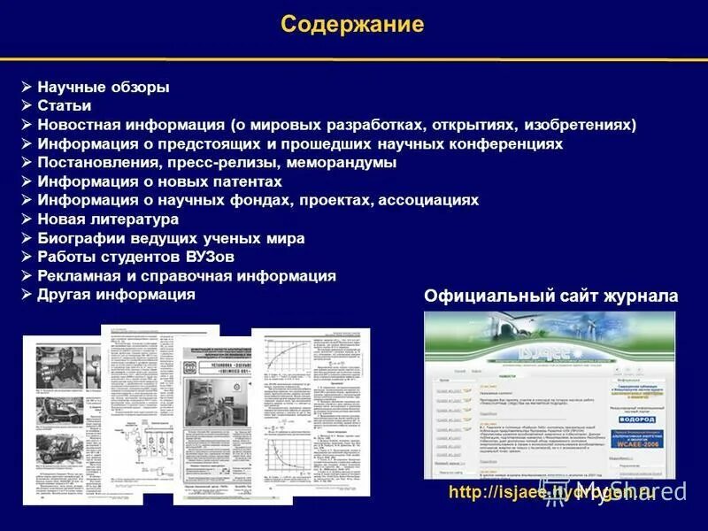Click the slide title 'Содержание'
click(352, 24)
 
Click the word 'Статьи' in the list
click(65, 106)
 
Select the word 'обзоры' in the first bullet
click(140, 88)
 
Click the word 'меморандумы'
click(340, 163)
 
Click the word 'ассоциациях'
click(428, 200)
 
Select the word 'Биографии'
click(74, 238)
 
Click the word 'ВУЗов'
click(212, 257)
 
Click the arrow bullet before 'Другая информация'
click(27, 294)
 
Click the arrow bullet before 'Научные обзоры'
click(27, 87)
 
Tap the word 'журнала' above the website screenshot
click(642, 296)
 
